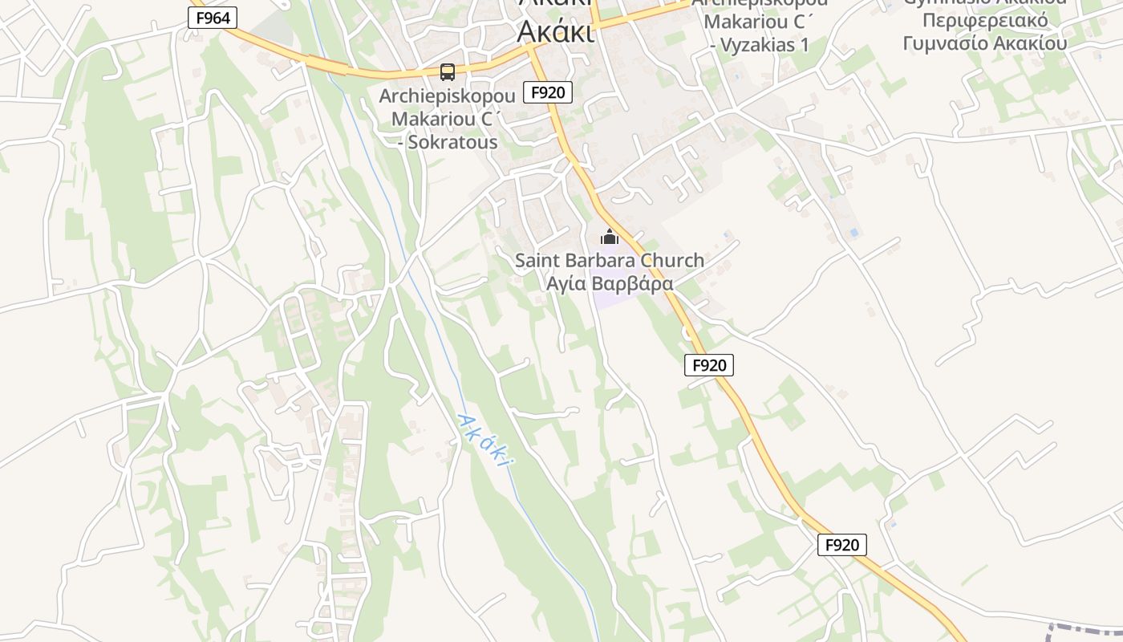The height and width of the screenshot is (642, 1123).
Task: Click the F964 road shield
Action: pyautogui.click(x=213, y=18)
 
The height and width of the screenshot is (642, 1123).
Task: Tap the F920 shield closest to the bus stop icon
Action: pyautogui.click(x=548, y=92)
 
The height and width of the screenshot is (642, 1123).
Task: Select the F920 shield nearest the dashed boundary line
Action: pyautogui.click(x=841, y=545)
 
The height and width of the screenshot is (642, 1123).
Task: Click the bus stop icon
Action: pyautogui.click(x=448, y=72)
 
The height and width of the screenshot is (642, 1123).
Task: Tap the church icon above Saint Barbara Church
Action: pyautogui.click(x=610, y=238)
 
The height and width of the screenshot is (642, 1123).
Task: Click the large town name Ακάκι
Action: pyautogui.click(x=555, y=30)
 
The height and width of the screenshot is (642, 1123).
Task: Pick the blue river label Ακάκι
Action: pyautogui.click(x=484, y=440)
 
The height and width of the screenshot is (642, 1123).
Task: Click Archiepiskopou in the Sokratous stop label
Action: pyautogui.click(x=447, y=95)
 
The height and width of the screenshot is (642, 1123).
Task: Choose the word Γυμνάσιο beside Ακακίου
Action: pyautogui.click(x=945, y=43)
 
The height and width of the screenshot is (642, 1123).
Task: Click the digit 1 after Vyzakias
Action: pyautogui.click(x=805, y=45)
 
